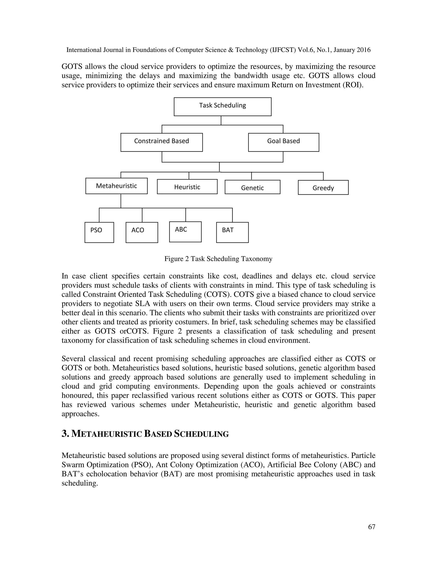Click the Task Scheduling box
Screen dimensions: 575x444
click(222, 107)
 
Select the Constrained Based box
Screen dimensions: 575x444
click(162, 142)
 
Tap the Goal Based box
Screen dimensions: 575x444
click(283, 142)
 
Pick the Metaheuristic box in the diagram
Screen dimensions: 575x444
click(116, 186)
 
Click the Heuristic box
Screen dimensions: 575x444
click(187, 187)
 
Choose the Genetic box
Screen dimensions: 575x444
click(252, 187)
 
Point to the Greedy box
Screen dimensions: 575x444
click(323, 187)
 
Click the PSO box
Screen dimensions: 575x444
click(99, 232)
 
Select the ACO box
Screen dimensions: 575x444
click(142, 232)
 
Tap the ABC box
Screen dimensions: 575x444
click(185, 232)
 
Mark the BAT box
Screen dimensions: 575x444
click(232, 232)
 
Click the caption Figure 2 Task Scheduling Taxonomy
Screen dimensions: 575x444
click(218, 259)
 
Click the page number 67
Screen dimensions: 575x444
click(371, 527)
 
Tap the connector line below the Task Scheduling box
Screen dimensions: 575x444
click(221, 120)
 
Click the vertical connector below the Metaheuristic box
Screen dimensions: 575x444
click(121, 201)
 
